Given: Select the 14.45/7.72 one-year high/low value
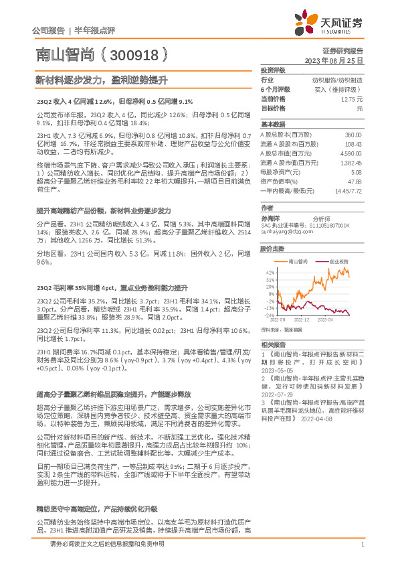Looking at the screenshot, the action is [x=348, y=190].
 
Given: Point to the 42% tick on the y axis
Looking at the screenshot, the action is [x=269, y=273].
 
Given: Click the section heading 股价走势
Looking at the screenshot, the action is [x=271, y=249].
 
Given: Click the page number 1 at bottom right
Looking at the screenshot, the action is [x=362, y=545].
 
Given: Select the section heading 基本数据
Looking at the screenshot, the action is [x=271, y=125].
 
